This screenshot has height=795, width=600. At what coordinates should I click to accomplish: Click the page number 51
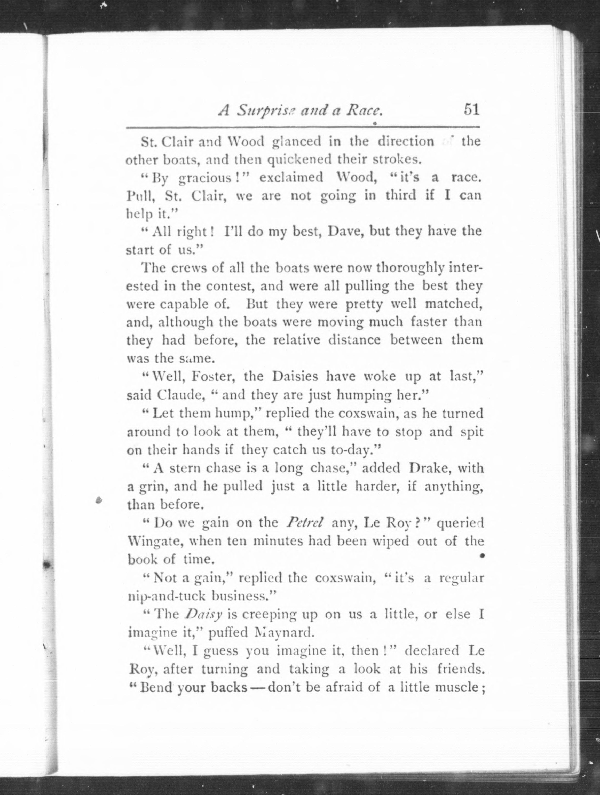point(472,109)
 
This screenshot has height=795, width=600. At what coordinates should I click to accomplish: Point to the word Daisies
point(295,376)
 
